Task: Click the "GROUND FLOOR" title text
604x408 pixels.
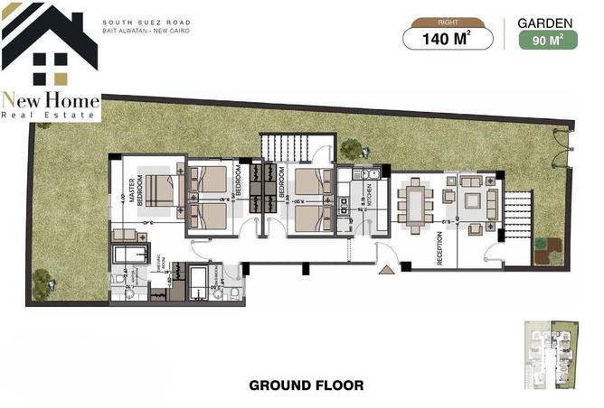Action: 306,385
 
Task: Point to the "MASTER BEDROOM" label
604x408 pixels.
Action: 137,191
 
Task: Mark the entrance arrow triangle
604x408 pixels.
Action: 387,268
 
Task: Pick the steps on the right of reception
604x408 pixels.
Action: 519,217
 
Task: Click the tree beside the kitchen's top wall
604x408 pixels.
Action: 351,149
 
